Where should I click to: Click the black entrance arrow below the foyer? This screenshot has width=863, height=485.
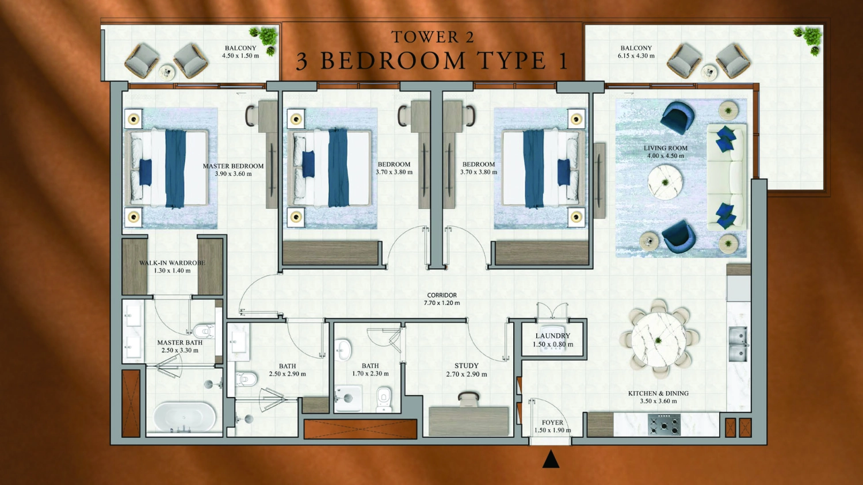tap(551, 459)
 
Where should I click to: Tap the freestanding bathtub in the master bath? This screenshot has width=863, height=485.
tap(184, 417)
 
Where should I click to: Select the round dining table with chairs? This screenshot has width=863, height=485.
tap(659, 339)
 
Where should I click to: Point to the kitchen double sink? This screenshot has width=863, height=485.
tap(738, 343)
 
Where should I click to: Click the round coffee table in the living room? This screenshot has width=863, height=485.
tap(665, 182)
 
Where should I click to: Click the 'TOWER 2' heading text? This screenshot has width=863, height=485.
tap(433, 37)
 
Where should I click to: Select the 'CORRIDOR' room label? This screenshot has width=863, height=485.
tap(442, 295)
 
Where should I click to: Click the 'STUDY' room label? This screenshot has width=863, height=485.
tap(466, 366)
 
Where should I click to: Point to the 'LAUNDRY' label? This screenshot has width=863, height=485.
tap(552, 336)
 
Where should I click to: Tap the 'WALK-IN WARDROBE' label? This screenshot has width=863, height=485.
tap(172, 263)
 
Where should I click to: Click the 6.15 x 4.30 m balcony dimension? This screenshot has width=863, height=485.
tap(636, 56)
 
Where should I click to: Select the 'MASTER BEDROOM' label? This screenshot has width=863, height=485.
tap(233, 166)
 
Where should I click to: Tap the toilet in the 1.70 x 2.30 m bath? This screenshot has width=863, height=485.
tap(384, 399)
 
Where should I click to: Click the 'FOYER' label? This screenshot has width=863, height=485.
tap(552, 422)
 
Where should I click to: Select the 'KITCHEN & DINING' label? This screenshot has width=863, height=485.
tap(658, 394)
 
